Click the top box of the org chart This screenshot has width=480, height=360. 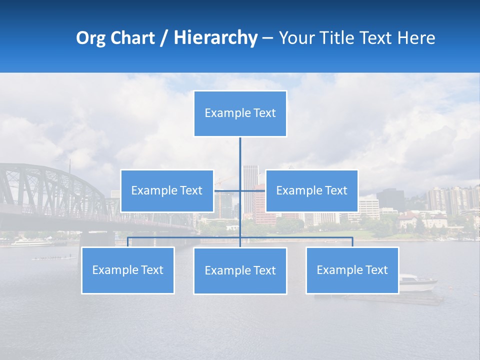(240, 113)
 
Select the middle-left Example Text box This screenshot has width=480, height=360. (167, 190)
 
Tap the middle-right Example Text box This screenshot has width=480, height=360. (311, 190)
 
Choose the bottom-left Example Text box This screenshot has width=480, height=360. (127, 270)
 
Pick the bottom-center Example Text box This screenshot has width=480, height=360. (240, 270)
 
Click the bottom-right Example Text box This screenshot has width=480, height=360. (352, 270)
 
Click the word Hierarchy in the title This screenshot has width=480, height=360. (215, 38)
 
